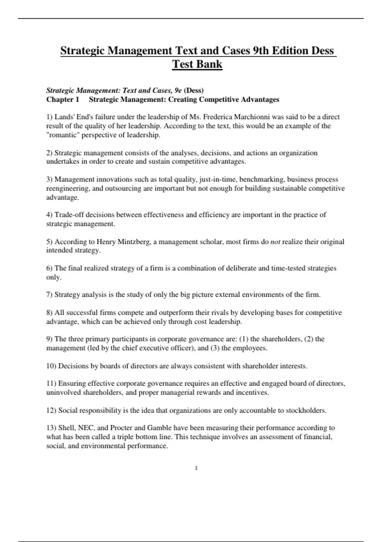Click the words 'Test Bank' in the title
pos(197,64)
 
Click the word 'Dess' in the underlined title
pos(322,51)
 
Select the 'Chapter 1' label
pos(63,99)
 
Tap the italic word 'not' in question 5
pos(275,242)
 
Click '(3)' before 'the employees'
pos(215,348)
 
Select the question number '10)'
pos(51,366)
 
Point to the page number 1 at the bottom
pos(196,468)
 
